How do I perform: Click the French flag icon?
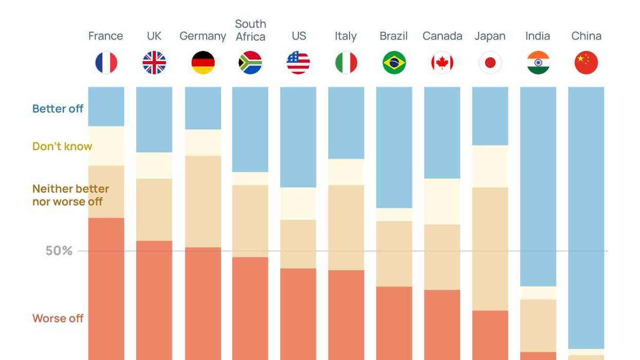click(x=106, y=63)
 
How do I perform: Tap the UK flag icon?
click(x=154, y=63)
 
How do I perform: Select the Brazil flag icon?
click(x=394, y=63)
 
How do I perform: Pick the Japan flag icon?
click(x=490, y=63)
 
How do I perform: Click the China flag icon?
click(x=586, y=63)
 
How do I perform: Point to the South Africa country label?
click(x=250, y=30)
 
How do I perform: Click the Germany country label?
click(x=203, y=36)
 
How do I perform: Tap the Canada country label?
click(x=442, y=36)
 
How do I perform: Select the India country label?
click(x=538, y=36)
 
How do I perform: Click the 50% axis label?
click(x=59, y=251)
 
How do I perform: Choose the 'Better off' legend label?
click(x=58, y=109)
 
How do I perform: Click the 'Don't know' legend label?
click(x=62, y=146)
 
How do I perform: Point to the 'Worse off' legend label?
click(x=58, y=318)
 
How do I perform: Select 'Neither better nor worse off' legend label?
click(x=70, y=195)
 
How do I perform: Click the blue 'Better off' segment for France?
click(x=106, y=106)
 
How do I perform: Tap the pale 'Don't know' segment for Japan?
click(x=490, y=166)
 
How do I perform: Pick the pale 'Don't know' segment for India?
click(x=538, y=293)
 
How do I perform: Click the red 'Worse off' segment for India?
click(x=538, y=356)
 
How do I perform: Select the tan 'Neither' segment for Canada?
click(x=442, y=257)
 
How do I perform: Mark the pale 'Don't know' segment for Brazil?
click(x=394, y=214)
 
